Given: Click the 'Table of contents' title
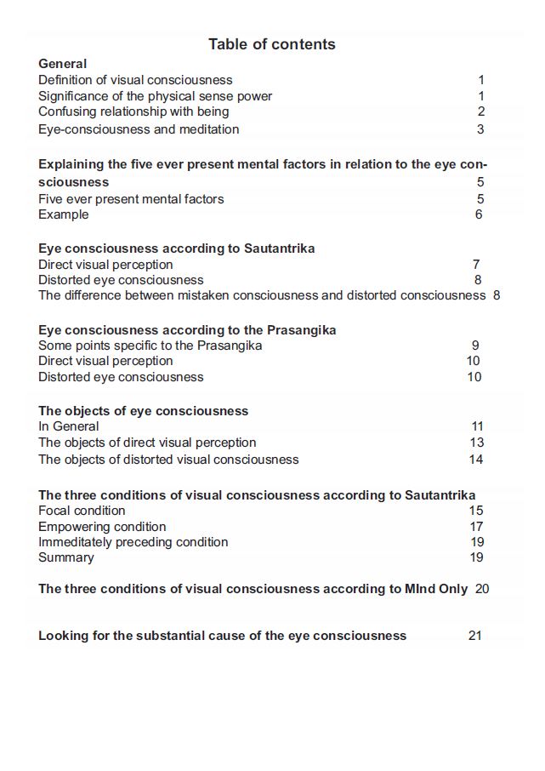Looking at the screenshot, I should (x=272, y=44).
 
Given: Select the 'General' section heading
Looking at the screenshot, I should (x=62, y=64).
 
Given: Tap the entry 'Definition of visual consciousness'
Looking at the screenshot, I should (x=135, y=80).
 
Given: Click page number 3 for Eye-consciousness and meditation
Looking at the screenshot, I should (x=480, y=129).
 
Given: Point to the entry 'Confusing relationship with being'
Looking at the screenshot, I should (x=133, y=111).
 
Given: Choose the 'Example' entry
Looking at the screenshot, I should (x=63, y=214).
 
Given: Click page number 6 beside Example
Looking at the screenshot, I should (x=479, y=214).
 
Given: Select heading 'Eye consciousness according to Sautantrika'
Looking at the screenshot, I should (x=177, y=248).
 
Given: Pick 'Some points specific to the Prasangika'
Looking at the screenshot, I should (x=150, y=346).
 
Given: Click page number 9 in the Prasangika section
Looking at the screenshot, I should (x=475, y=346).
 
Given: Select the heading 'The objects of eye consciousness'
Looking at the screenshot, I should (x=143, y=411).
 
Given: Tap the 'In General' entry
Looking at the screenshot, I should (x=69, y=426).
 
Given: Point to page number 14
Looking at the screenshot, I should (x=476, y=460).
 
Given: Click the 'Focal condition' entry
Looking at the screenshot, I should (x=82, y=511).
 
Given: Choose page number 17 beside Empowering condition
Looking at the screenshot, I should (x=476, y=527).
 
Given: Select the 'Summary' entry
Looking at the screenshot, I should (x=66, y=557).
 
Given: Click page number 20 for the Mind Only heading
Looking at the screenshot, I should (x=482, y=589).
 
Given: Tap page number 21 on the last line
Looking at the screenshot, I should (x=475, y=636).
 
